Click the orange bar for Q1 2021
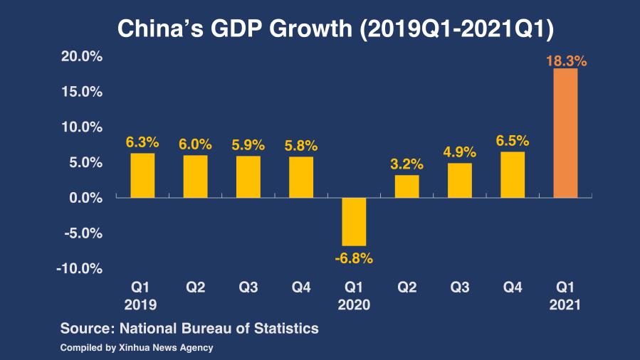click(x=565, y=133)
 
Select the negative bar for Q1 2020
click(x=354, y=221)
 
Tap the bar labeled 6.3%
click(x=142, y=175)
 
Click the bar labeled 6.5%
click(x=513, y=174)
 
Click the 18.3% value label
click(x=566, y=61)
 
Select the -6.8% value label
click(x=354, y=258)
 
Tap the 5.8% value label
click(x=301, y=146)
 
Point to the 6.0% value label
click(x=195, y=144)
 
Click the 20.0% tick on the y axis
click(x=80, y=57)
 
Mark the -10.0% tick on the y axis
click(x=79, y=268)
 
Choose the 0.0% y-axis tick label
click(x=84, y=198)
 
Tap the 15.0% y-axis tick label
click(x=80, y=92)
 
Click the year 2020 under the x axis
click(x=354, y=304)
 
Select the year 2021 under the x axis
click(x=565, y=304)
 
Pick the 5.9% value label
click(x=248, y=144)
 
